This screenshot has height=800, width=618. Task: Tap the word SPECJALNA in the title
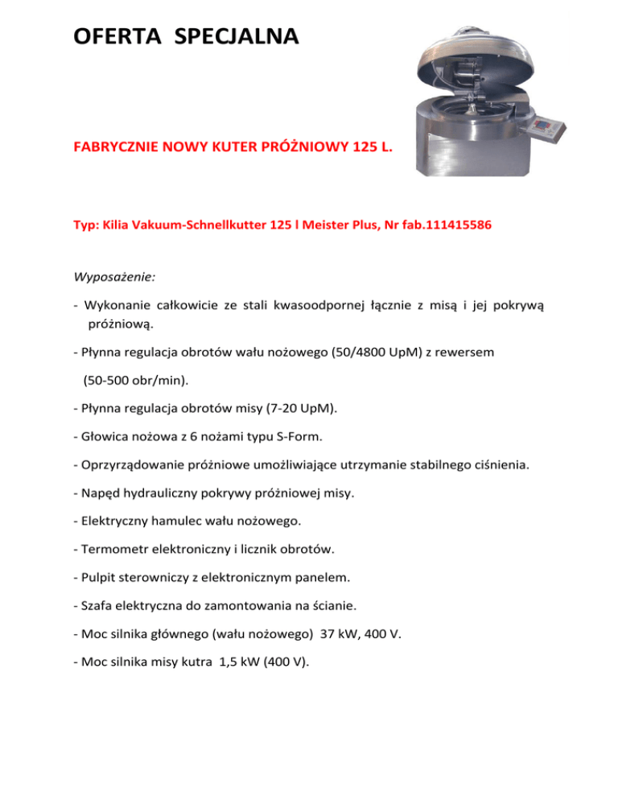coord(236,36)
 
